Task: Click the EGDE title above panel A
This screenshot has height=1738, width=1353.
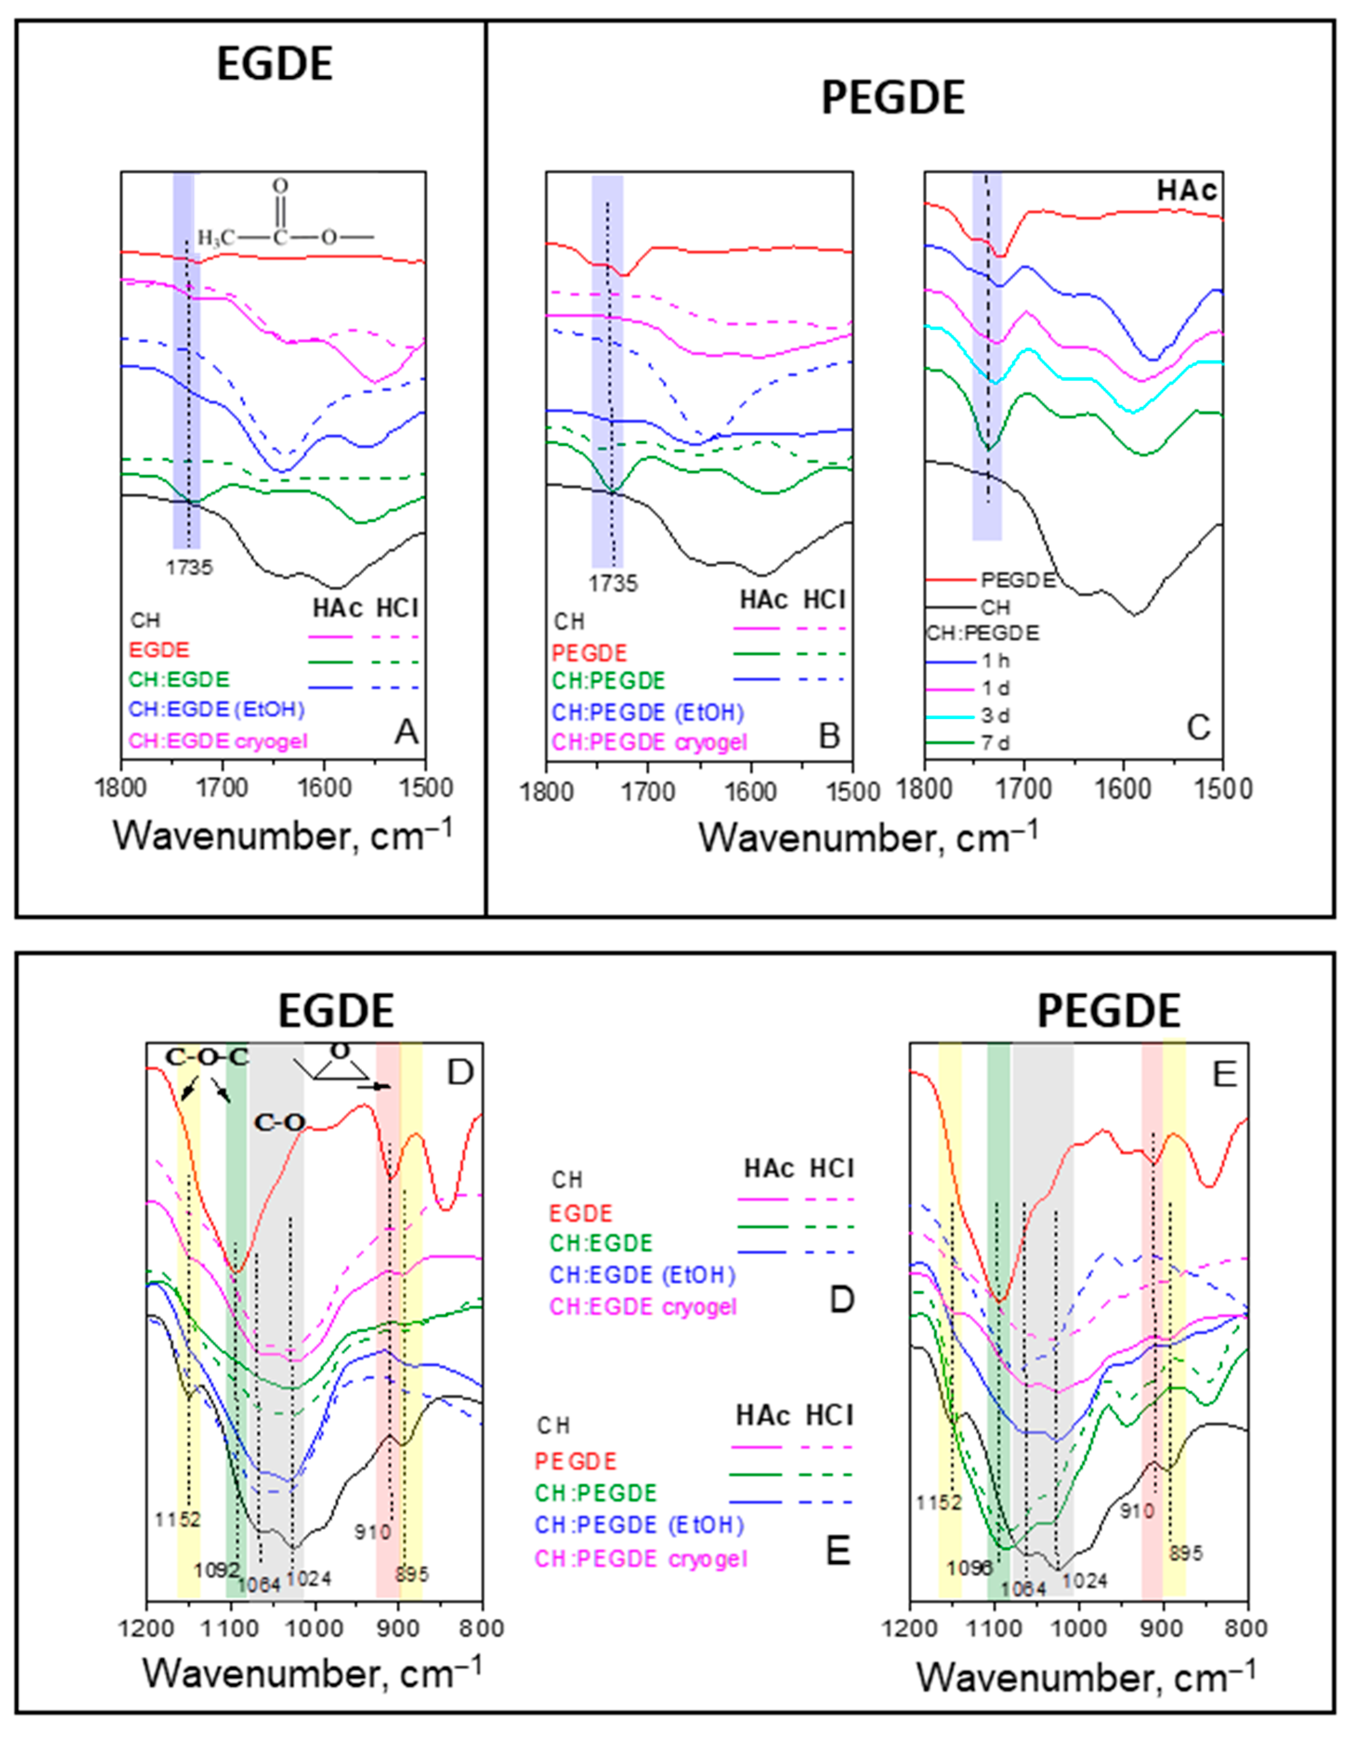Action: (x=275, y=65)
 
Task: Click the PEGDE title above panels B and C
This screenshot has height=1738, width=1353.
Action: (x=893, y=98)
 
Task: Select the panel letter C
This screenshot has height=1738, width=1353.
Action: (x=1198, y=726)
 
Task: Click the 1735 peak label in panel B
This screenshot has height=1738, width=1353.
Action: (x=613, y=584)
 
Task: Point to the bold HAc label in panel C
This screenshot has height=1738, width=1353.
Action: (x=1187, y=191)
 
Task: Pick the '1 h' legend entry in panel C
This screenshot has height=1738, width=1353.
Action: (x=995, y=660)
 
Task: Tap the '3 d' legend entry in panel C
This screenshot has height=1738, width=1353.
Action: (x=995, y=715)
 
